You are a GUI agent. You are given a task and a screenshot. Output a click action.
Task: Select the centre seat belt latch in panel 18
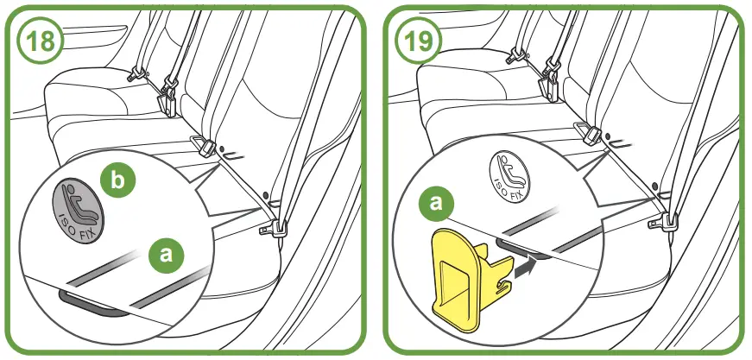pyautogui.click(x=203, y=144)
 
